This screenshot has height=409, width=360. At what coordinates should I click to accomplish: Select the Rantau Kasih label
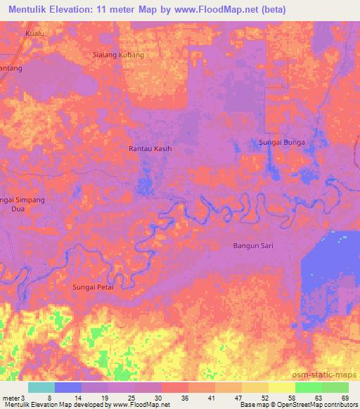click(150, 149)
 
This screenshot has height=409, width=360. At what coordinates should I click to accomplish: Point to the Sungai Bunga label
click(281, 143)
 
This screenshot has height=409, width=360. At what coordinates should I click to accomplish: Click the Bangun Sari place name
click(252, 246)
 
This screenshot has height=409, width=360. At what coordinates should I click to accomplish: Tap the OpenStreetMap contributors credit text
click(321, 405)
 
